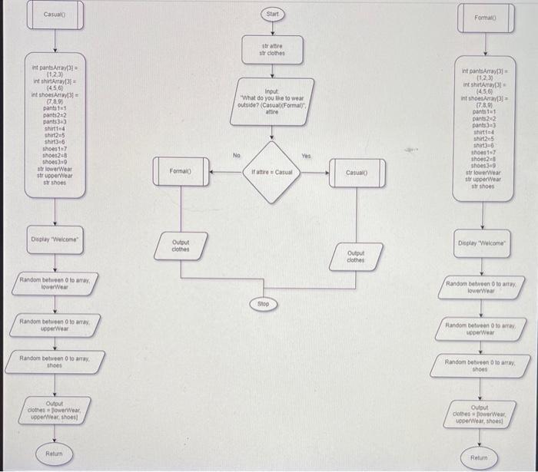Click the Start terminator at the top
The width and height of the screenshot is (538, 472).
273,15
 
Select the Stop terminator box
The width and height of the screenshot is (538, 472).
263,305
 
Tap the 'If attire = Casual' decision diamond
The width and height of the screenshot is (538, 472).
271,171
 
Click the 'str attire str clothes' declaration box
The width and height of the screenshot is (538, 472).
273,50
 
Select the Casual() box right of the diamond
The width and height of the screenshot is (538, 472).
356,173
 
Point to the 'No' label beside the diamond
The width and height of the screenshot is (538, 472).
239,155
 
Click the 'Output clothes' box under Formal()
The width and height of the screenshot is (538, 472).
181,245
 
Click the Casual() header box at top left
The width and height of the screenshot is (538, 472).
55,15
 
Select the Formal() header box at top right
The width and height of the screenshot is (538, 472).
487,18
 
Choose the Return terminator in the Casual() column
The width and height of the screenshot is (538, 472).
54,454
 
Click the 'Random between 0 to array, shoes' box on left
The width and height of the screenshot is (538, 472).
55,361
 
